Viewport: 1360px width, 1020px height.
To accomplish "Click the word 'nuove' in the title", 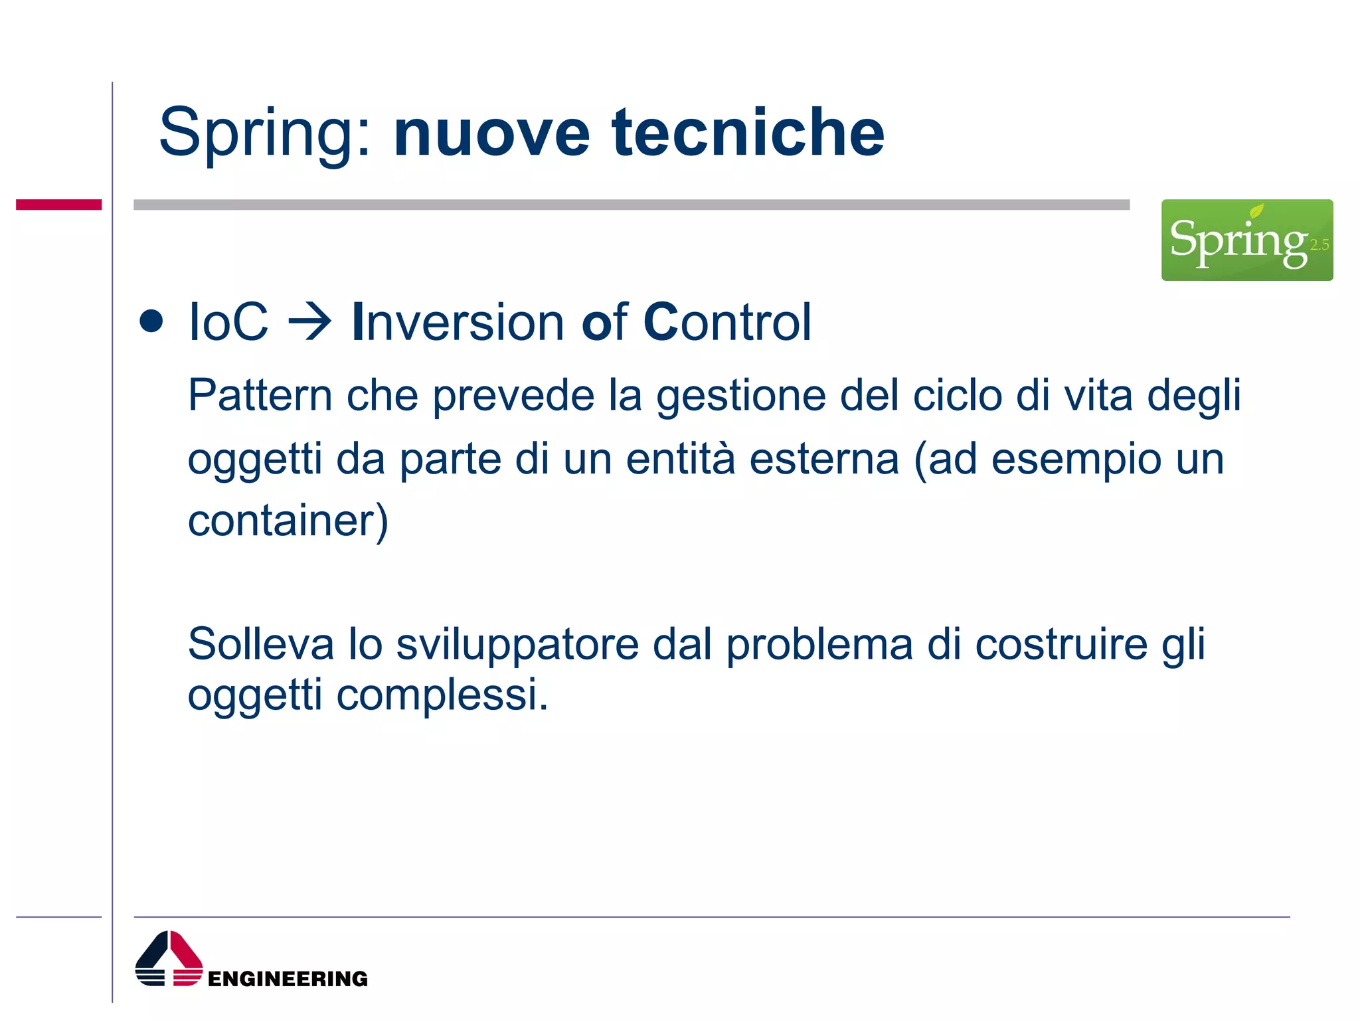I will point(491,134).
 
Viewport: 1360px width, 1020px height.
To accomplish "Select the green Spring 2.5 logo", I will point(1246,240).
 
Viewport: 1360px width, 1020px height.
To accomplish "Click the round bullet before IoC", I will point(151,321).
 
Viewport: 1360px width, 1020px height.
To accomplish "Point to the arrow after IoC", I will point(309,323).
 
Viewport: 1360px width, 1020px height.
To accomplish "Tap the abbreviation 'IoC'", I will point(228,323).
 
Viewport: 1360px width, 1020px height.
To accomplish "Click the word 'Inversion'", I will point(458,323).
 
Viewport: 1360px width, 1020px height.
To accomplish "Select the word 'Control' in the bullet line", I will point(727,323).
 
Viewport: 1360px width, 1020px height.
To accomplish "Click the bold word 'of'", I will point(604,323).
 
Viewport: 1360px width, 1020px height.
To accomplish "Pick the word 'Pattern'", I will point(260,396).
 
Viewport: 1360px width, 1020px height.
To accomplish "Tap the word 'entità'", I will point(681,459).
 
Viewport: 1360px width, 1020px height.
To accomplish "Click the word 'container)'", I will point(288,521).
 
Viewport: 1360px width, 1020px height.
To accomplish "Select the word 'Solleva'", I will point(261,644).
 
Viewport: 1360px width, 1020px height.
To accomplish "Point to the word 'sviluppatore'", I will point(517,645).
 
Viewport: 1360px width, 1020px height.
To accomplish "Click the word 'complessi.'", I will point(442,696).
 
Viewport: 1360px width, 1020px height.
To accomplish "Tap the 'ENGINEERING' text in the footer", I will point(288,978).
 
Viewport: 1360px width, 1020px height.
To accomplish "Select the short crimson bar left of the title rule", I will point(58,205).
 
